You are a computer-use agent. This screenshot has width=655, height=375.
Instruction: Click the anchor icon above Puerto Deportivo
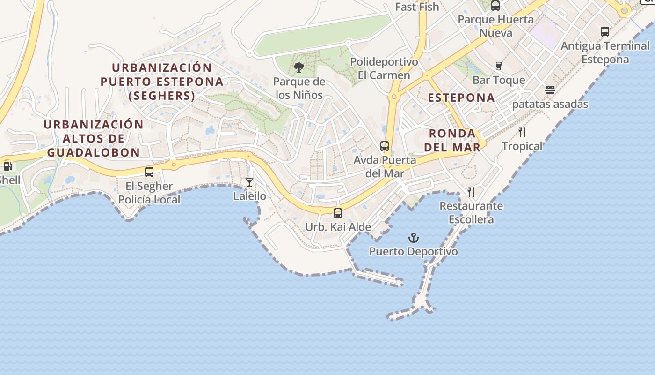click(x=413, y=238)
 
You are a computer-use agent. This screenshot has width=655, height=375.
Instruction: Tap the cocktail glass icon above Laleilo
click(x=249, y=182)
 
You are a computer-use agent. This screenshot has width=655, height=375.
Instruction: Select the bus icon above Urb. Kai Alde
click(x=338, y=213)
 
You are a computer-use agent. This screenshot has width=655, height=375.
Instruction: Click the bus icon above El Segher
click(x=149, y=172)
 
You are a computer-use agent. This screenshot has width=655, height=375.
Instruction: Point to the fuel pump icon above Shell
click(x=7, y=166)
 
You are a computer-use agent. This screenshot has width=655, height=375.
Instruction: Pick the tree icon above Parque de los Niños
click(x=299, y=68)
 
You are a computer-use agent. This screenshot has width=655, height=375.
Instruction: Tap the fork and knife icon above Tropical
click(x=522, y=132)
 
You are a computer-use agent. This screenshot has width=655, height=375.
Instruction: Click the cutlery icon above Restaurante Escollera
click(x=471, y=192)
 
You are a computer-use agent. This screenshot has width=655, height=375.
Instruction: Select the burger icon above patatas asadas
click(x=550, y=90)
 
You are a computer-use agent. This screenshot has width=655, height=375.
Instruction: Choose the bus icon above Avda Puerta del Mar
click(x=385, y=146)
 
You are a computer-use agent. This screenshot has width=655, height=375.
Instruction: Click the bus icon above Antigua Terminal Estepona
click(x=605, y=32)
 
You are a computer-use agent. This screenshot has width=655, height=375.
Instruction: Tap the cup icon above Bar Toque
click(x=499, y=66)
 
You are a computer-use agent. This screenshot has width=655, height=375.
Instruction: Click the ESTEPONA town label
click(x=461, y=97)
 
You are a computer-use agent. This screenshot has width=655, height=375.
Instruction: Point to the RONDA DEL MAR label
click(x=452, y=140)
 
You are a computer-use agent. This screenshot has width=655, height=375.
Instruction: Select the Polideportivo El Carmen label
click(x=384, y=68)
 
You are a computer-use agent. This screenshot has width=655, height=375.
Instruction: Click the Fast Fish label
click(x=417, y=7)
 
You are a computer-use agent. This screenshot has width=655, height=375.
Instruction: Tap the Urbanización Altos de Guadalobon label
click(x=94, y=138)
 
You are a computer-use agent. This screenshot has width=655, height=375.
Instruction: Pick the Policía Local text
click(x=149, y=200)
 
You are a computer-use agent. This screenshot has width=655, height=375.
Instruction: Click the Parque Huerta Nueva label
click(x=495, y=26)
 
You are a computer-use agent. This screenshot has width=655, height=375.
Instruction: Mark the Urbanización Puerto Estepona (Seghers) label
click(x=162, y=82)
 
